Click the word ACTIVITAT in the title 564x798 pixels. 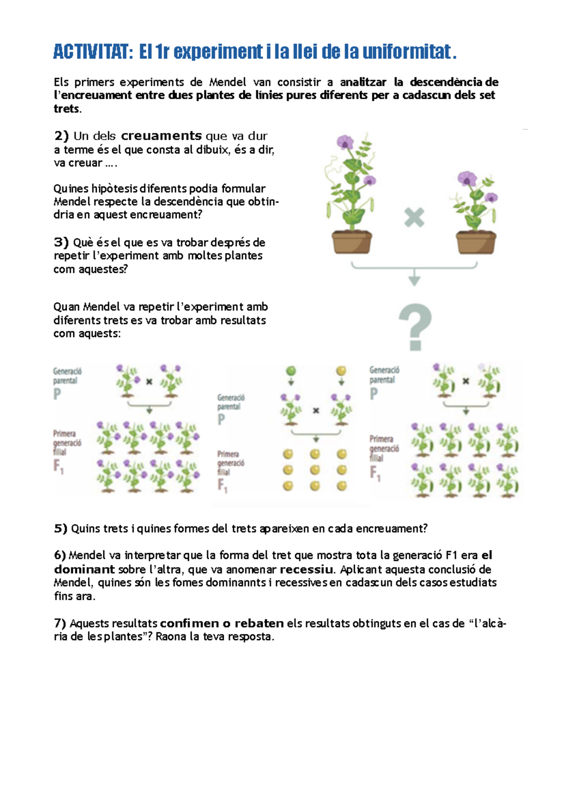pos(90,51)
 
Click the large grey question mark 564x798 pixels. pos(415,327)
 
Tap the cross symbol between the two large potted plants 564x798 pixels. pos(414,218)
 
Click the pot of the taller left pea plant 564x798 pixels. pos(352,242)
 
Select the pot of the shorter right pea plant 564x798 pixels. pos(476,242)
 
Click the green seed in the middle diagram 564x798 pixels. pos(291,371)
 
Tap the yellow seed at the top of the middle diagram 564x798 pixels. pos(341,371)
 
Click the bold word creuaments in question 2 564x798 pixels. pos(161,136)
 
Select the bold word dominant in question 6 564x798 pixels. pos(85,569)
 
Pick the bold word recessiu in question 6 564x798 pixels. pos(306,570)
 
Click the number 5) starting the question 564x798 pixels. pos(61,529)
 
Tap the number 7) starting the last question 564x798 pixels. pos(61,624)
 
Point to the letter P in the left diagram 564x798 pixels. pos(57,394)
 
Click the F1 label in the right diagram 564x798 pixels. pos(375,472)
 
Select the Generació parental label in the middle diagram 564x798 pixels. pos(230,402)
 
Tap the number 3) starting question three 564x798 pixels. pos(61,243)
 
